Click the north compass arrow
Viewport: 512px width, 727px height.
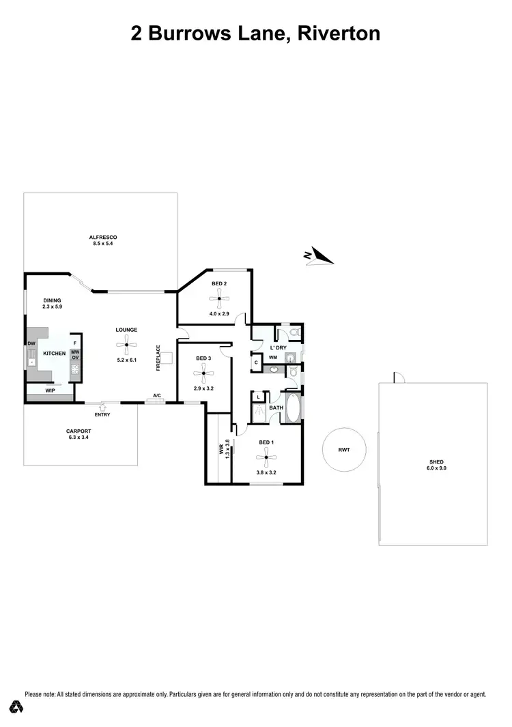[x=319, y=256]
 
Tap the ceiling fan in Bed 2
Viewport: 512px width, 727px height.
[x=219, y=298]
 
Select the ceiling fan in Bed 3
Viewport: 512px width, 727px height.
[x=203, y=373]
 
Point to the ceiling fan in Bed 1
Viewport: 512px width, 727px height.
[x=266, y=458]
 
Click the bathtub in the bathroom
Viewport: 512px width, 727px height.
[x=292, y=408]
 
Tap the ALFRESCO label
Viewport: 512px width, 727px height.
[x=102, y=237]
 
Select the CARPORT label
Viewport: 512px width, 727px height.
[x=79, y=431]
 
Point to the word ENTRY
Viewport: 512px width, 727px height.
[x=102, y=414]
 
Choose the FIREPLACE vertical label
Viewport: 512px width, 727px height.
[x=158, y=357]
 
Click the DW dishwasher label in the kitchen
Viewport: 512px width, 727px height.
[x=31, y=343]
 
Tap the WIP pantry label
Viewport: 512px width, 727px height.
[x=50, y=391]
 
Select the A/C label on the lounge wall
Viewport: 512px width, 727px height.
[x=156, y=396]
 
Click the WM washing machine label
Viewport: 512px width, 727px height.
[x=272, y=357]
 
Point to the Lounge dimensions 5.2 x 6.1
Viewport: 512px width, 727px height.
[x=126, y=360]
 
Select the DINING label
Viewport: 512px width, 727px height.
[x=53, y=300]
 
